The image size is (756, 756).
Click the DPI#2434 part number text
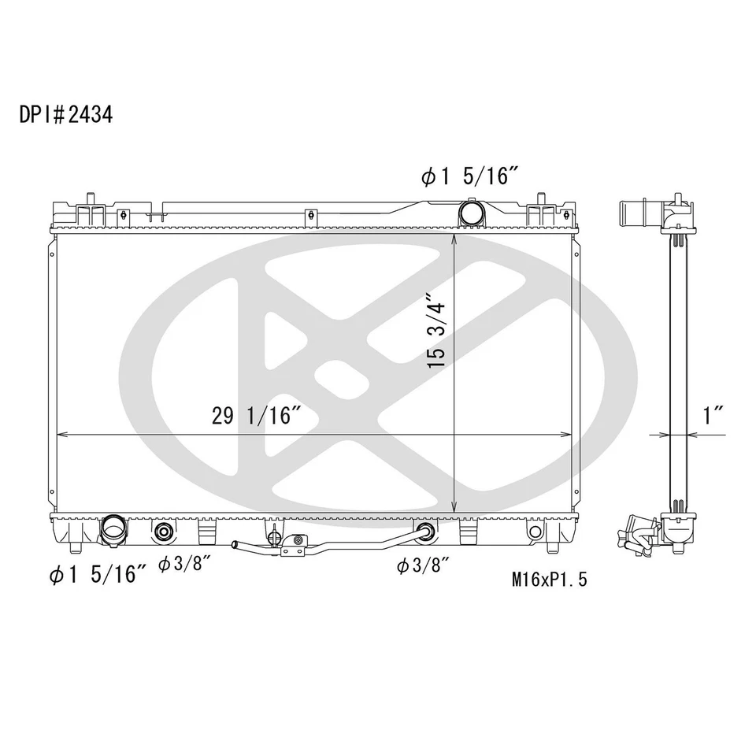point(66,114)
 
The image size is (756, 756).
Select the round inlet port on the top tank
point(471,213)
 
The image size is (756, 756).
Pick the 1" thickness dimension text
point(713,416)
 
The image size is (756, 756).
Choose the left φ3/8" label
point(183,565)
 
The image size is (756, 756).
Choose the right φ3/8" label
point(422,565)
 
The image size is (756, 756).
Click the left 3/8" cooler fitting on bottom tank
point(165,532)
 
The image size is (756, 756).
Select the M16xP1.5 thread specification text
point(549,580)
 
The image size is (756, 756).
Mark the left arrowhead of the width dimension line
point(59,434)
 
